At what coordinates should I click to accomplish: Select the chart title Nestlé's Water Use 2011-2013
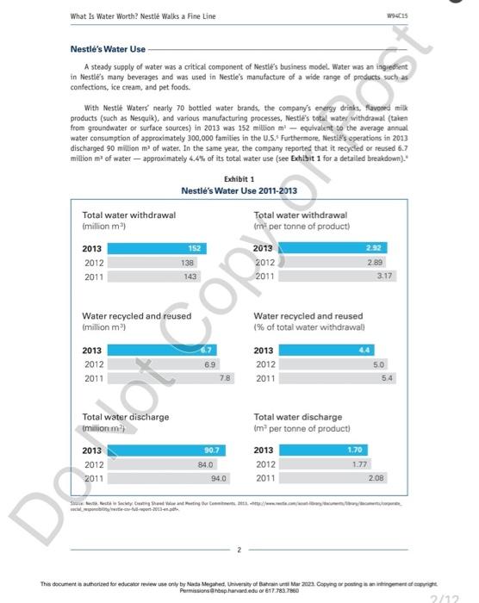[239, 190]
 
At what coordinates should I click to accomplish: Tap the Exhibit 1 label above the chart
[239, 178]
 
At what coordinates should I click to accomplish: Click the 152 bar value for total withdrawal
[194, 249]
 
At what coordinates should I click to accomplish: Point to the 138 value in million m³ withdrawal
[184, 263]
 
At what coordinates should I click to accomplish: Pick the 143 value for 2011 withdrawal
[190, 277]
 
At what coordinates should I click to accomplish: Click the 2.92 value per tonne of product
[371, 249]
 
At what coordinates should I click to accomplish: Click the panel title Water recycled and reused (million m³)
[136, 321]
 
